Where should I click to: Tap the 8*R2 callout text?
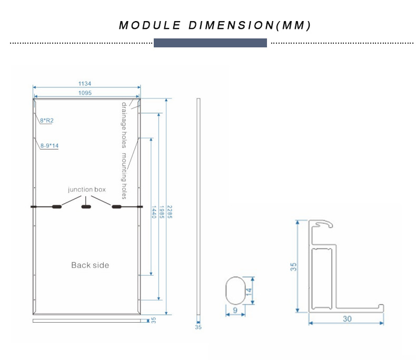[47, 121]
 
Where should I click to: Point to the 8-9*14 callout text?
[49, 145]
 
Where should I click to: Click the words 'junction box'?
[87, 189]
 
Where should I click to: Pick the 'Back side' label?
[90, 265]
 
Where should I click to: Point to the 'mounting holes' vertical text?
[125, 176]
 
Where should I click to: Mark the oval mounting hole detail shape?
[235, 290]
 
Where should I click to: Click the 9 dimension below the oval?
[234, 311]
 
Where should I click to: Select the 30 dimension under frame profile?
[347, 318]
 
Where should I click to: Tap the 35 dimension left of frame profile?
[294, 267]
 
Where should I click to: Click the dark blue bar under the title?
[210, 43]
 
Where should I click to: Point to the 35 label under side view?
[198, 327]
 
